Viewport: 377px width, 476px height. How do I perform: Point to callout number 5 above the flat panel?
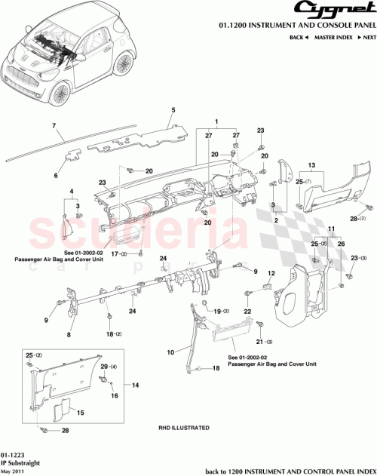(173, 111)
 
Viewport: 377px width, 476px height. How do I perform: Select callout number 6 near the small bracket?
(55, 176)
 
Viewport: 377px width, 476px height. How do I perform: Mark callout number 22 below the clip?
(247, 311)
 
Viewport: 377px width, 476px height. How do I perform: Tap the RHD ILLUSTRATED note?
(183, 428)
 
